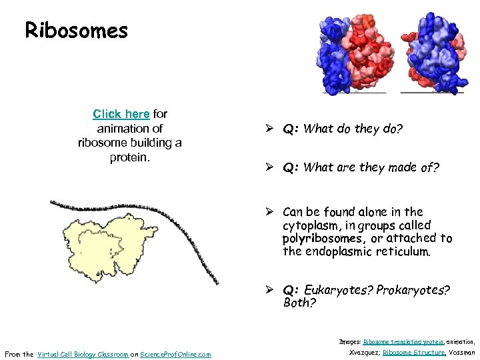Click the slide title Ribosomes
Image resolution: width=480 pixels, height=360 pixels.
[x=76, y=30]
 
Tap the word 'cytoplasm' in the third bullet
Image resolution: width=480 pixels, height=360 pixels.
[x=311, y=225]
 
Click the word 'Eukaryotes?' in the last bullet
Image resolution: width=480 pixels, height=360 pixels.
[x=339, y=290]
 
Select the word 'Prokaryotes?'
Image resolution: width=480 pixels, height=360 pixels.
[x=413, y=290]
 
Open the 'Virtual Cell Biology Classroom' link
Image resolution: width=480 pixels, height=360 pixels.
[x=83, y=354]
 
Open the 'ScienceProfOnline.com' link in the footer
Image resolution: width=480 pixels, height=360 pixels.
[x=175, y=354]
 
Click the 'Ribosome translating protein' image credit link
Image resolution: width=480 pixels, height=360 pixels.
[x=401, y=341]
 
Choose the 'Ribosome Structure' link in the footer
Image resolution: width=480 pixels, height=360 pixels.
[x=414, y=353]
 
